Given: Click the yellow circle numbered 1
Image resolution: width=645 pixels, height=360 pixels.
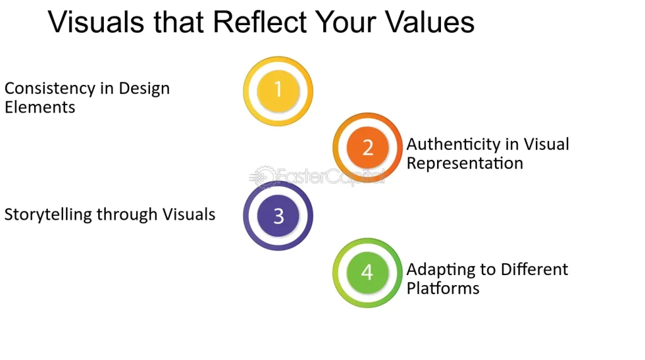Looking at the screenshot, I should pos(278,91).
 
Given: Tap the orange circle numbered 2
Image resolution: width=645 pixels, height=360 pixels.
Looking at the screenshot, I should pos(367,147).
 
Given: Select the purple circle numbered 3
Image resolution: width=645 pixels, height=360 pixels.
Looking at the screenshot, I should pos(278,216).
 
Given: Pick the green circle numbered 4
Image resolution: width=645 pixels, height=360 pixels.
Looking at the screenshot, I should pos(367,272).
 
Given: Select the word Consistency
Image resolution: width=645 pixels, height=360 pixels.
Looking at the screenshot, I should pos(44,89).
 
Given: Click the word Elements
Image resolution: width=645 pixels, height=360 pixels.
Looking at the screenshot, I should pos(40,107).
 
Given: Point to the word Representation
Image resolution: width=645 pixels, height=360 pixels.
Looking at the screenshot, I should pos(465,164).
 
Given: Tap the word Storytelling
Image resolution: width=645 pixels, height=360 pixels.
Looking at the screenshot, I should pos(49,215).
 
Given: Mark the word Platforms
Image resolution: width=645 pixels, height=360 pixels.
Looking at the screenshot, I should pos(443,288).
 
